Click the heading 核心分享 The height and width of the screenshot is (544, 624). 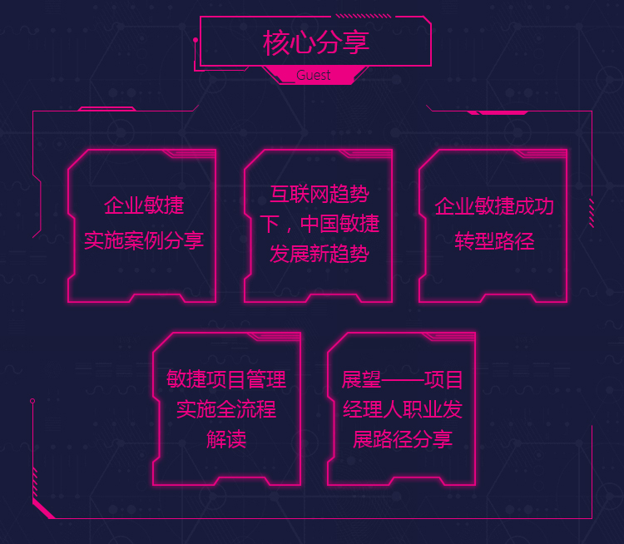click(316, 42)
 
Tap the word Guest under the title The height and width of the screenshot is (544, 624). click(314, 76)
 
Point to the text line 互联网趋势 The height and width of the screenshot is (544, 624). click(319, 195)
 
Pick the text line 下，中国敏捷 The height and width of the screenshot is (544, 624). click(319, 225)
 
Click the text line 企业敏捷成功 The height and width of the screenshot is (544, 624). click(494, 206)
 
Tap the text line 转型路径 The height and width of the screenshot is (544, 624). click(494, 241)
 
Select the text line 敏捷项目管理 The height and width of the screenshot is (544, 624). click(226, 380)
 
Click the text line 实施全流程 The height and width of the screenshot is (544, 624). click(226, 409)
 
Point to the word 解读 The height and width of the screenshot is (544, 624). click(226, 439)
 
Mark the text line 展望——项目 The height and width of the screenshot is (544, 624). click(403, 380)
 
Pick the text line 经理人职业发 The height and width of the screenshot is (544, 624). click(403, 409)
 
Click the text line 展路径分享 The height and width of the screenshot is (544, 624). click(403, 439)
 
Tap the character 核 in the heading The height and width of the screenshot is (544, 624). click(276, 42)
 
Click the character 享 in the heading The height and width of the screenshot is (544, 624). click(356, 42)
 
